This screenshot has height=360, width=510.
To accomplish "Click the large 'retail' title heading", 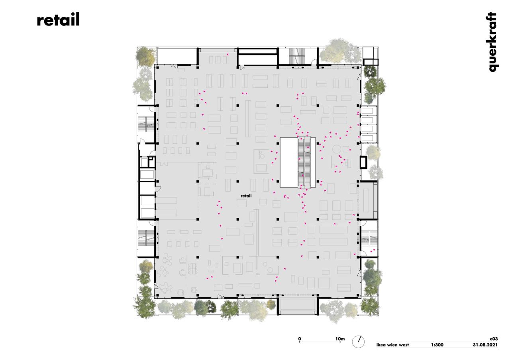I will (x=58, y=20).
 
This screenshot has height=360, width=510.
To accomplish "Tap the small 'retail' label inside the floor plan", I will (x=246, y=196).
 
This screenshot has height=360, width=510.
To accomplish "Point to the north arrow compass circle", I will (x=358, y=341).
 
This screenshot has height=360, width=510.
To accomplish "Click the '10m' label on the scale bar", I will (x=340, y=339).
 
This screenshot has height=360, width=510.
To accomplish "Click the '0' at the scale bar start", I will (x=300, y=339).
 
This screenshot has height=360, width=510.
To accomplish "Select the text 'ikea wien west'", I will (x=393, y=345).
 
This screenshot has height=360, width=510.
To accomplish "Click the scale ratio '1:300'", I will (x=437, y=345).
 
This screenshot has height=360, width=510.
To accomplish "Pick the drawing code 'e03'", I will (x=493, y=339).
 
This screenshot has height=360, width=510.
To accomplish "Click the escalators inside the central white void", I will (x=305, y=162).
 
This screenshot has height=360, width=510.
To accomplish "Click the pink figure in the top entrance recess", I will (x=228, y=55).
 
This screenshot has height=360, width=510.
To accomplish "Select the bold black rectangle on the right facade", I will (x=363, y=162).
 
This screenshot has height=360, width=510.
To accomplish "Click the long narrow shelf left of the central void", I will (x=248, y=118).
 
